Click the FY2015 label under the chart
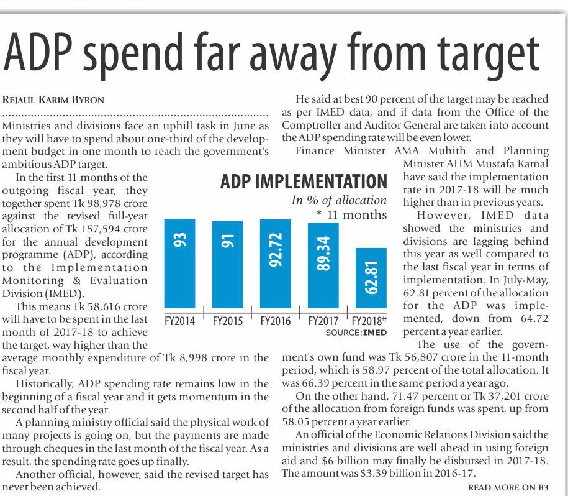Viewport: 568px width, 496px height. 227,321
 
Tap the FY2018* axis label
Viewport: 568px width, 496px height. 369,321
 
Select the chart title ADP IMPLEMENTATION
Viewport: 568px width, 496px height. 304,182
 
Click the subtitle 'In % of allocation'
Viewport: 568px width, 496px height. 339,200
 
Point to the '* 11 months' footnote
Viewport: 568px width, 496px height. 351,215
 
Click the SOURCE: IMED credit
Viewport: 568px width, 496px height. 356,333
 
